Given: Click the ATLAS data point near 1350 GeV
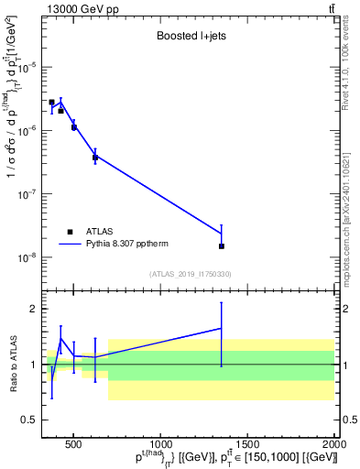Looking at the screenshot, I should [x=222, y=246].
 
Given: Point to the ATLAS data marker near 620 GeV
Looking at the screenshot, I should [x=95, y=158].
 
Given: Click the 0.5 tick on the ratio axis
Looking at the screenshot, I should [x=31, y=420].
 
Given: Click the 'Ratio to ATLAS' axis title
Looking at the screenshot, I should [x=12, y=365].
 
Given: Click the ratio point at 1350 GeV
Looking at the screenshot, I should [x=222, y=328].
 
